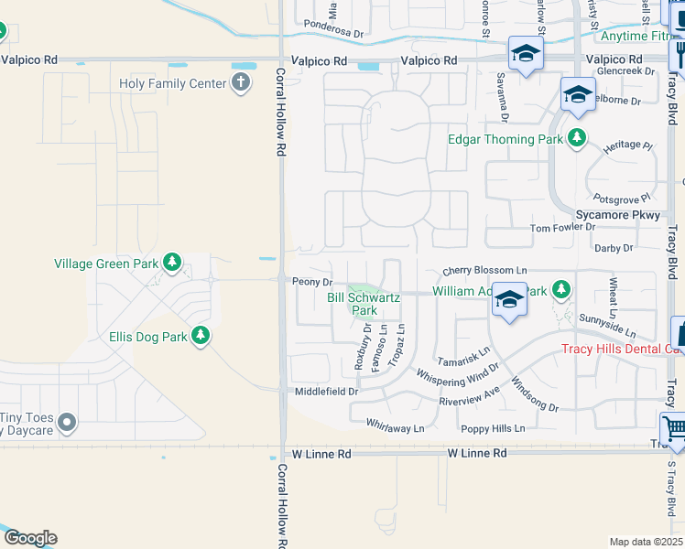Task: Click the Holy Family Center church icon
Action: (240, 84)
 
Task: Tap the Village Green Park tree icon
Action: (171, 264)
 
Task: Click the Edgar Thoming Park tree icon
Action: (576, 139)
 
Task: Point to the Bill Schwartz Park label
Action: (353, 304)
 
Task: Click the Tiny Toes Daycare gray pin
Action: (66, 423)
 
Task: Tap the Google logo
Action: (29, 538)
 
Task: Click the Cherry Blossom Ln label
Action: (485, 271)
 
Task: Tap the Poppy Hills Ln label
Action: (494, 428)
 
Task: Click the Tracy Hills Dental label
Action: (618, 349)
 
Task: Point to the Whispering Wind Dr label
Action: (458, 374)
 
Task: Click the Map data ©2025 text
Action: (646, 542)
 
